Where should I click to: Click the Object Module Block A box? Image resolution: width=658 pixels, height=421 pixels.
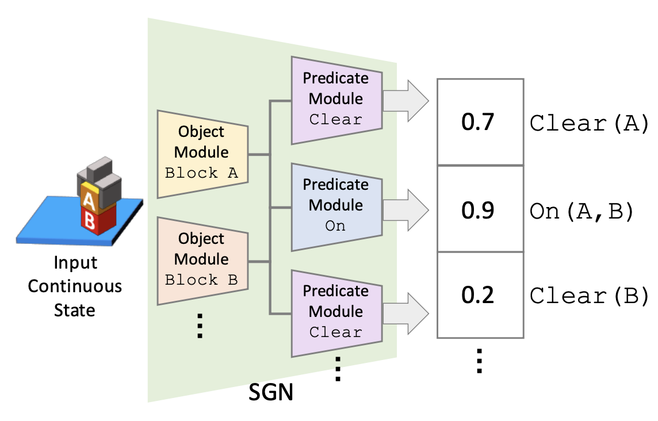[x=202, y=154]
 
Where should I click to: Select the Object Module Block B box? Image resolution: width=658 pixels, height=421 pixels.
[x=202, y=261]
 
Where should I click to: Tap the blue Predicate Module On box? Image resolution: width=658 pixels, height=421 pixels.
[x=336, y=207]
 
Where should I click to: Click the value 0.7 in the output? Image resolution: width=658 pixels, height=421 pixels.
[x=477, y=122]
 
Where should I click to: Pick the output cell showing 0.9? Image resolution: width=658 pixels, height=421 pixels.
[x=480, y=209]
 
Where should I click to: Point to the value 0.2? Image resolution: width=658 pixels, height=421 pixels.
[x=477, y=294]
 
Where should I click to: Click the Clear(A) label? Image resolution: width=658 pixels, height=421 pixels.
[x=590, y=124]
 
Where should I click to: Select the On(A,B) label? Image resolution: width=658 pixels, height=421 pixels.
[x=582, y=212]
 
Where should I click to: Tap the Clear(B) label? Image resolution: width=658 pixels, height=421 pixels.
[x=590, y=296]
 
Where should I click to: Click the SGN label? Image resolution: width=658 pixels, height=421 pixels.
[x=271, y=392]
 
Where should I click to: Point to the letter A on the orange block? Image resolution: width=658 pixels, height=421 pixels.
[x=89, y=201]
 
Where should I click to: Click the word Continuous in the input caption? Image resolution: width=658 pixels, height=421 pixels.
[x=75, y=286]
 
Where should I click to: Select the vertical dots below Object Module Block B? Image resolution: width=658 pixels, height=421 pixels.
[x=200, y=326]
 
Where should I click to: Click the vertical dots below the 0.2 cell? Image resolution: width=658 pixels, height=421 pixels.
[x=480, y=361]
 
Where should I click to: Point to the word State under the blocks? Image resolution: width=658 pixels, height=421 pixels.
[x=75, y=310]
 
